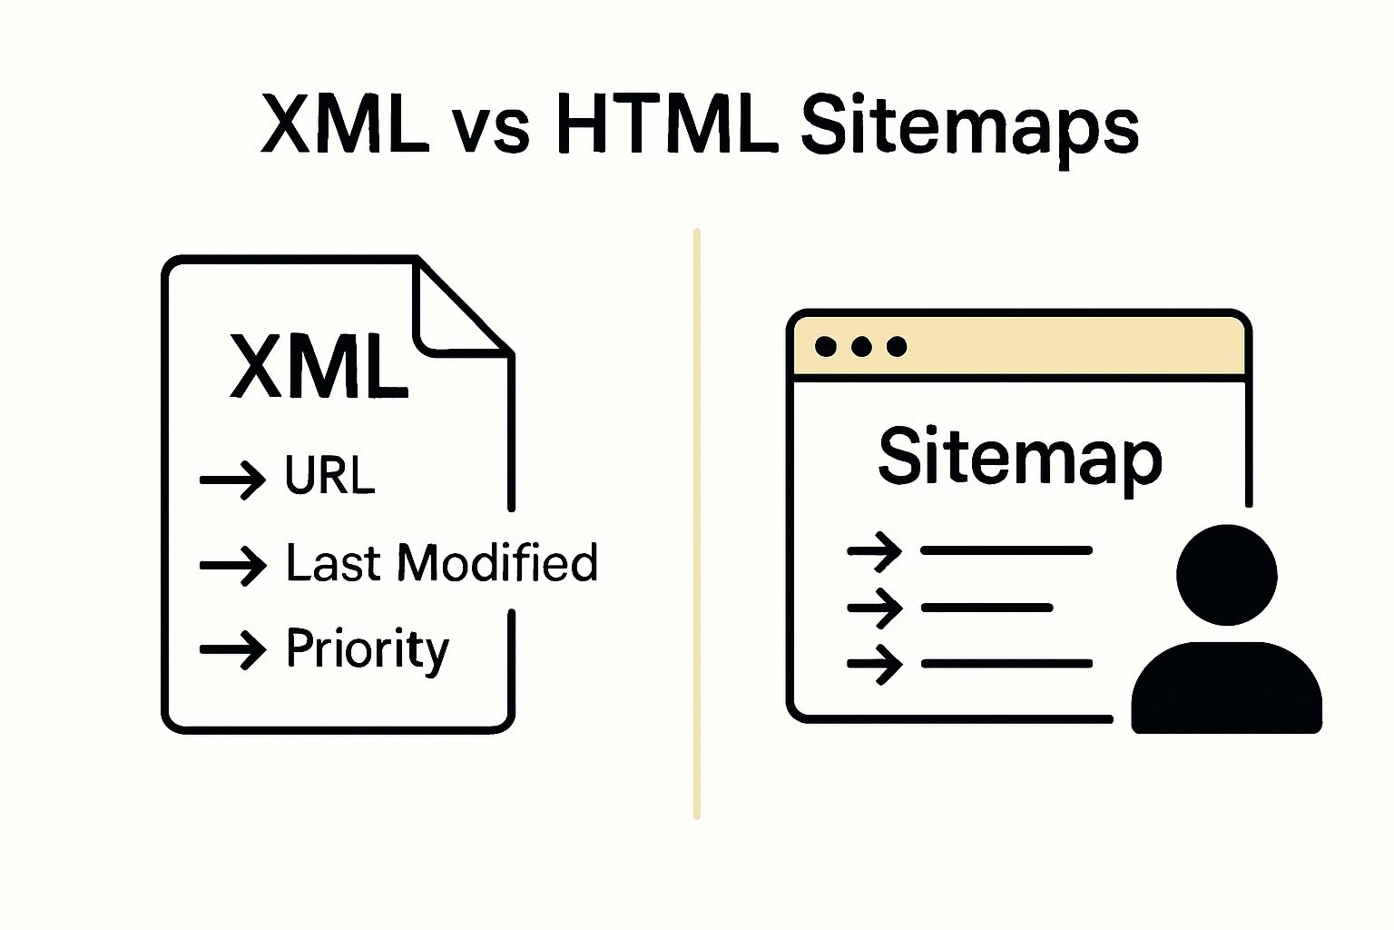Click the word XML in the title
[x=345, y=124]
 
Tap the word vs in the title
[x=490, y=126]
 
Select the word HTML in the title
[x=666, y=124]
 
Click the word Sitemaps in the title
[x=968, y=126]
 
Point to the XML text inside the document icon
[x=318, y=366]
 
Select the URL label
[x=329, y=474]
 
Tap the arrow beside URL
[x=232, y=479]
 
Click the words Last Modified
[x=442, y=562]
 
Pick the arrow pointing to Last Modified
[x=232, y=566]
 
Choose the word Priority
[x=368, y=648]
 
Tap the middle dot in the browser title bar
[x=861, y=346]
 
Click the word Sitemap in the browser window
[x=1019, y=457]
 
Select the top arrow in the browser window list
[x=874, y=550]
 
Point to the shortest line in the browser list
[x=987, y=607]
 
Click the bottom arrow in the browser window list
[x=874, y=664]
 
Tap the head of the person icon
[x=1226, y=575]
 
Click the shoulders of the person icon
[x=1226, y=689]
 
